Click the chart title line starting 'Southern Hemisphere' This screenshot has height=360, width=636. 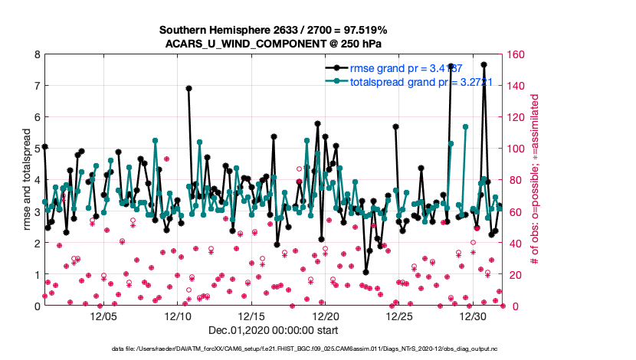[273, 30]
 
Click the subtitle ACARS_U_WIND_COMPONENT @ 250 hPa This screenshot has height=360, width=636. [273, 43]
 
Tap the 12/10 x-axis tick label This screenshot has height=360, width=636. [178, 316]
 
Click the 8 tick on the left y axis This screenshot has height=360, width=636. [36, 54]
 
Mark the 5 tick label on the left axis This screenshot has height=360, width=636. [36, 149]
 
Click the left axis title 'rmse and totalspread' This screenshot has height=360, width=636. [26, 180]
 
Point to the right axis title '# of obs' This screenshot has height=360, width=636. [535, 180]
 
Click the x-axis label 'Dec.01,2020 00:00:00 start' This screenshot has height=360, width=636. [273, 331]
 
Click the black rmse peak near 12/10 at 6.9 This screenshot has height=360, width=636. [189, 88]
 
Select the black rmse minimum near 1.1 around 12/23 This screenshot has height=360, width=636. [366, 271]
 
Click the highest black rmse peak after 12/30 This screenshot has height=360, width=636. [484, 65]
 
